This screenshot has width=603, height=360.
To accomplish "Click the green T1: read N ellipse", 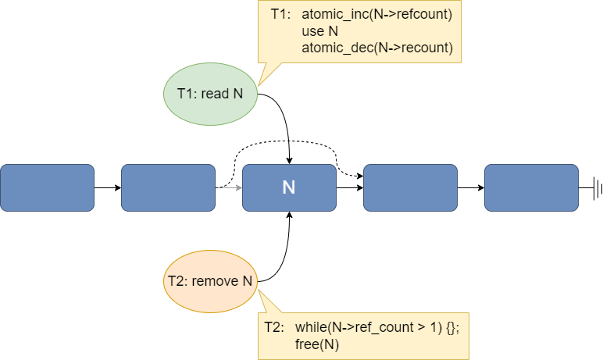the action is coord(210,94).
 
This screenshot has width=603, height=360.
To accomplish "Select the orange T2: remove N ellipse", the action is coord(210,282).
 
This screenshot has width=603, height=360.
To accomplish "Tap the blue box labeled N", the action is coord(289,187).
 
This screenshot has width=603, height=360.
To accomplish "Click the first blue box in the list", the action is coord(48,187).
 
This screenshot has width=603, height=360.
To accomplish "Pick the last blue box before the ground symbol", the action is coord(531,187).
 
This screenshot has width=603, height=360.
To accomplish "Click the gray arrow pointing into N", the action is coord(229,187).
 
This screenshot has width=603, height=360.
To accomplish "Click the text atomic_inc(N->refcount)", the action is coord(376,14).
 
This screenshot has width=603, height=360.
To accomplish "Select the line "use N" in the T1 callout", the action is coord(319,30).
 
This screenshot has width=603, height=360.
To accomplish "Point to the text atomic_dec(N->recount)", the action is coord(377,48).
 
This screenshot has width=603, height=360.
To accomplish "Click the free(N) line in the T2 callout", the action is coord(317,344).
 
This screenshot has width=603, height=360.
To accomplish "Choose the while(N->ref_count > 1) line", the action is coord(377,327).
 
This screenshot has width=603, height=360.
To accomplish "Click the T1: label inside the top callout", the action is coord(280,14).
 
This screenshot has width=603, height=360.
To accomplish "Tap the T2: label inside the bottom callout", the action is coord(274,327).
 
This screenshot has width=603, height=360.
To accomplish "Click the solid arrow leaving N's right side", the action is coord(350,187).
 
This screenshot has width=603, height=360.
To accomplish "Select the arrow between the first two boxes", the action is coord(108,187).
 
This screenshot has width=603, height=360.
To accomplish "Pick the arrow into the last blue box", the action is coord(471,187).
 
